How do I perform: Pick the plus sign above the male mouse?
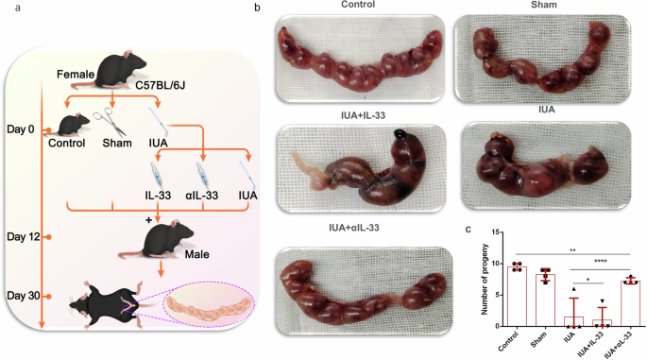[x=148, y=218]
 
